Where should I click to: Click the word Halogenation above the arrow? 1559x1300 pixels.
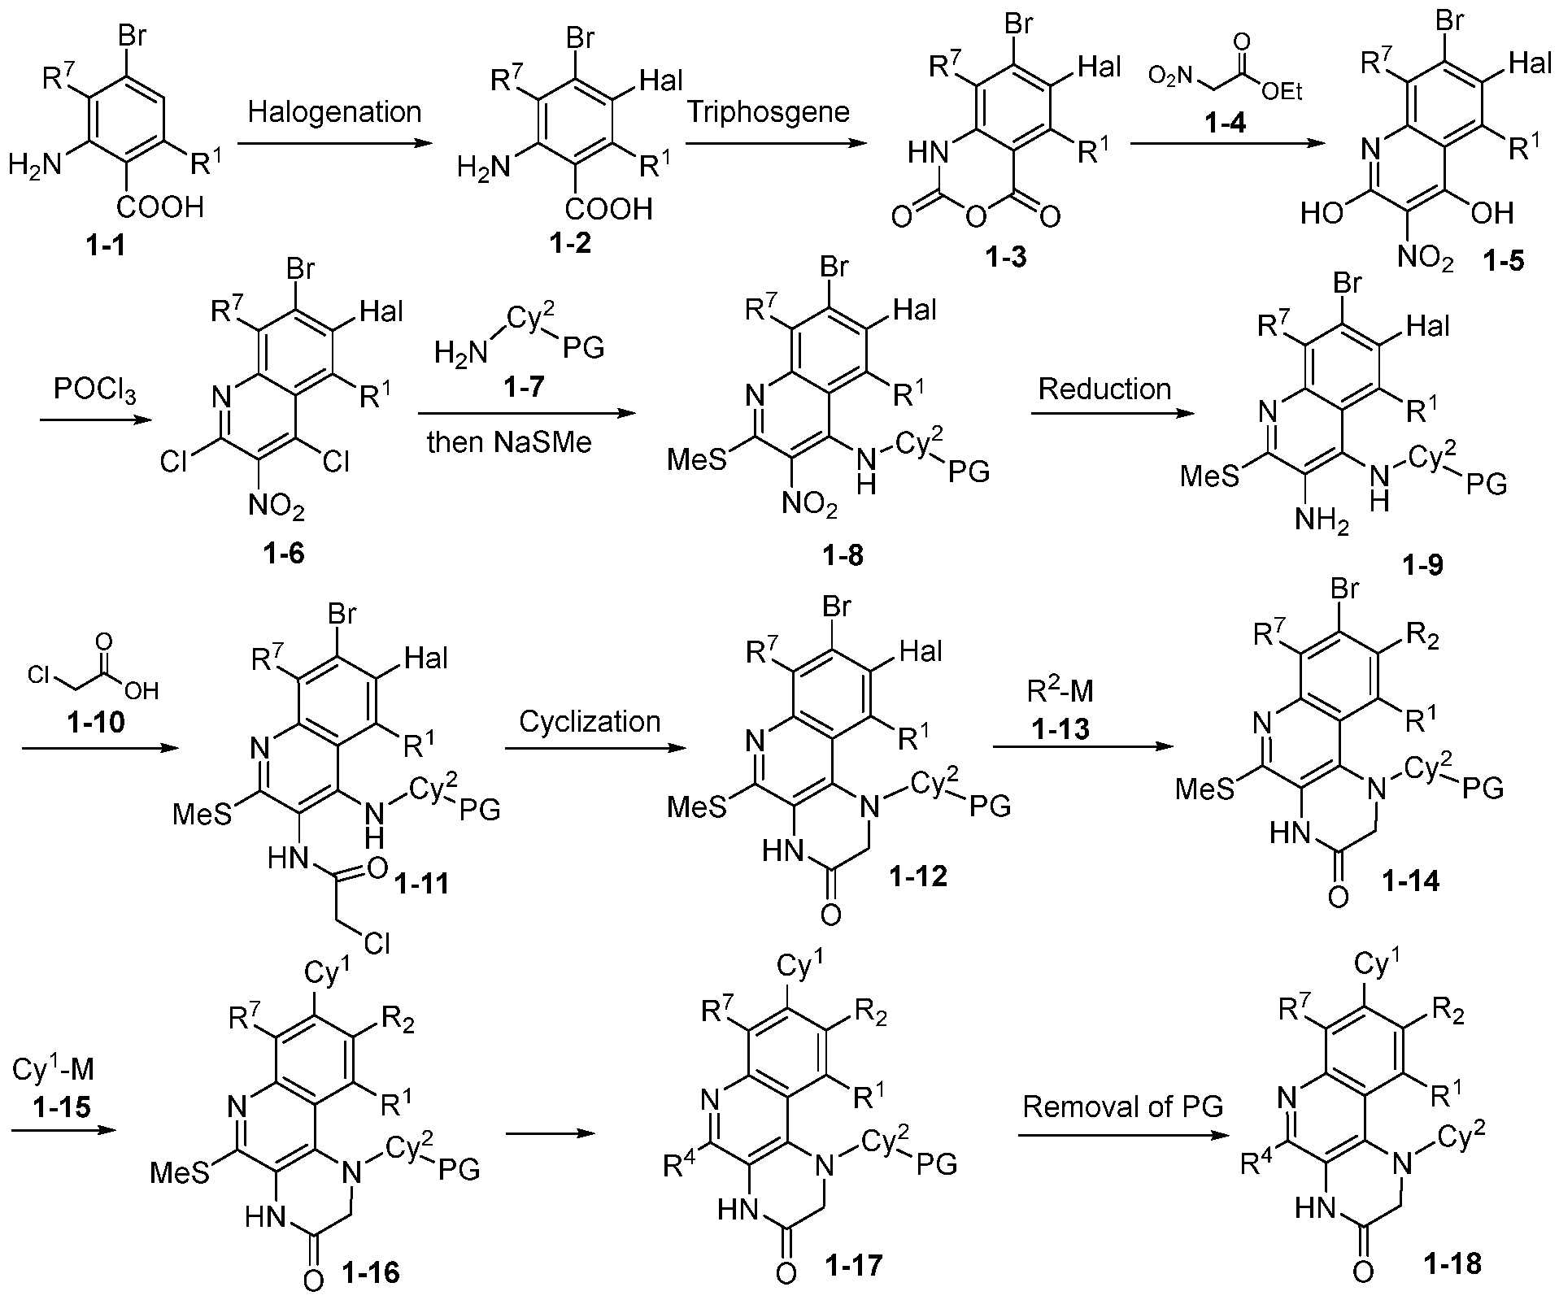(334, 112)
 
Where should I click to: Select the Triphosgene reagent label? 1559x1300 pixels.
(769, 111)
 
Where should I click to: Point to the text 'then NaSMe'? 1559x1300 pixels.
(509, 443)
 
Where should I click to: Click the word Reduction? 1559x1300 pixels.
(1104, 389)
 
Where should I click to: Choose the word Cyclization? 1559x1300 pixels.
(590, 722)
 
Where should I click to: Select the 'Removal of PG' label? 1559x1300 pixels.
(1123, 1107)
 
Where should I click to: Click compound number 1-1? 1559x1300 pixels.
(106, 244)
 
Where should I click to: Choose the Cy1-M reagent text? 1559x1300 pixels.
(53, 1070)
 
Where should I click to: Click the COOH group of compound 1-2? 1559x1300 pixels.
(609, 209)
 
